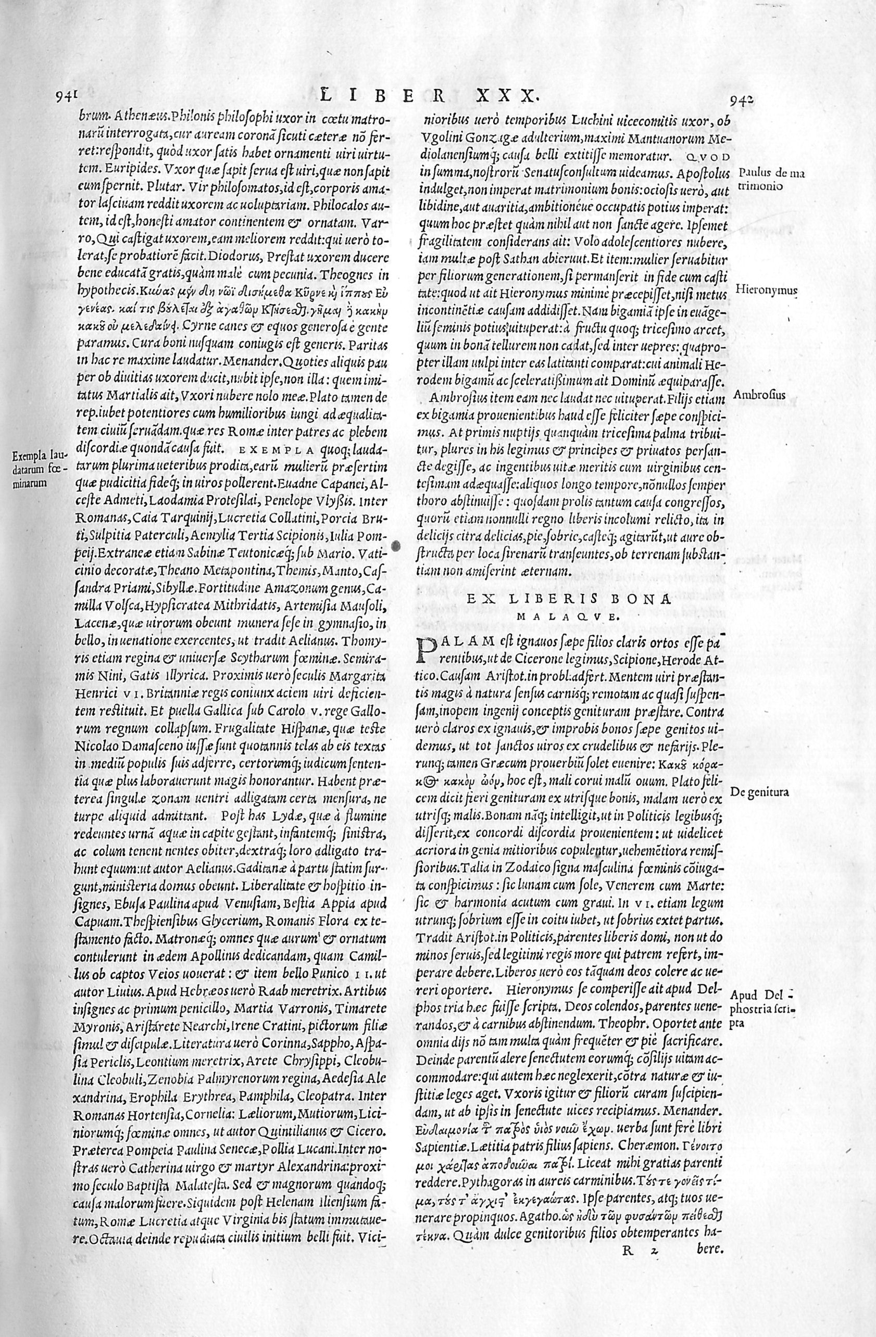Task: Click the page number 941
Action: pyautogui.click(x=66, y=97)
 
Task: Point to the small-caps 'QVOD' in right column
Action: pyautogui.click(x=710, y=156)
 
